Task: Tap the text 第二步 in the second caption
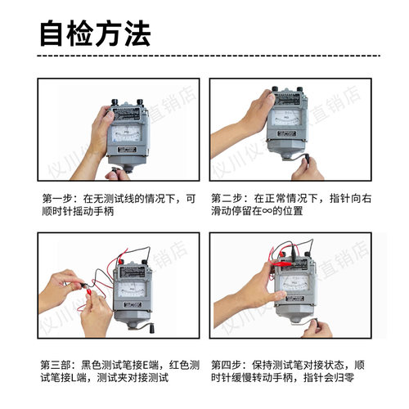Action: click(226, 198)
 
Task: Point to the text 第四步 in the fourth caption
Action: click(226, 364)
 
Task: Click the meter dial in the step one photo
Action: click(128, 131)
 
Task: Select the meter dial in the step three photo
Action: click(131, 290)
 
